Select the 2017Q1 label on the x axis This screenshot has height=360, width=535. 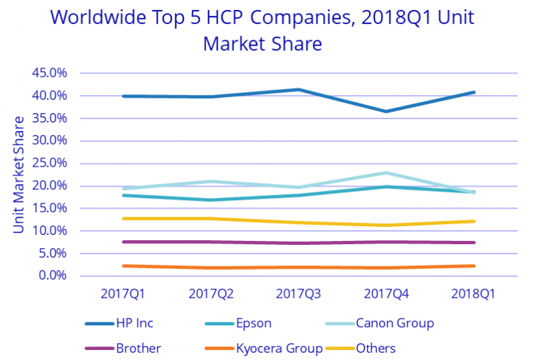[124, 293]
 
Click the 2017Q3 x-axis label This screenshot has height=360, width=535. [298, 293]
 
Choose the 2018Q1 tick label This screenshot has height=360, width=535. [473, 293]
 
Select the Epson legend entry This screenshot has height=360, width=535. [254, 323]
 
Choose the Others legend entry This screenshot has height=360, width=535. [377, 348]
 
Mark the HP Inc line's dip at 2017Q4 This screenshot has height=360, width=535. [386, 111]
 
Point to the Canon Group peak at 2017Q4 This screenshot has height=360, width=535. [386, 173]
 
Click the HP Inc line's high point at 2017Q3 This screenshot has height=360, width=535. [298, 90]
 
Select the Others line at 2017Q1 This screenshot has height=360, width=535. [124, 218]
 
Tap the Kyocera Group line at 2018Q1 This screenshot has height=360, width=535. [473, 266]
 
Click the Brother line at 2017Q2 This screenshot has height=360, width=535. [211, 242]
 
